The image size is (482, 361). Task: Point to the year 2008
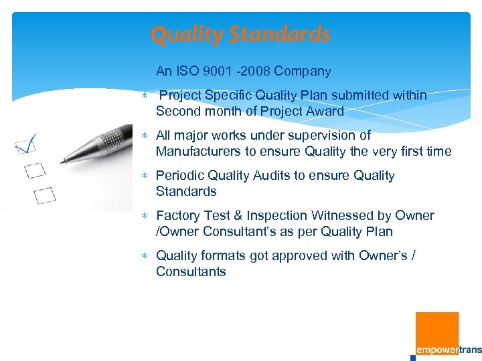click(x=255, y=72)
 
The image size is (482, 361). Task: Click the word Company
click(x=302, y=72)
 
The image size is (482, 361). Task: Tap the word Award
click(x=325, y=112)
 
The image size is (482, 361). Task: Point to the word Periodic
click(x=180, y=176)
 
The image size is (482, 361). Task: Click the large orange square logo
click(x=437, y=332)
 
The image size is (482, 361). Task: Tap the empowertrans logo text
click(x=448, y=350)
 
